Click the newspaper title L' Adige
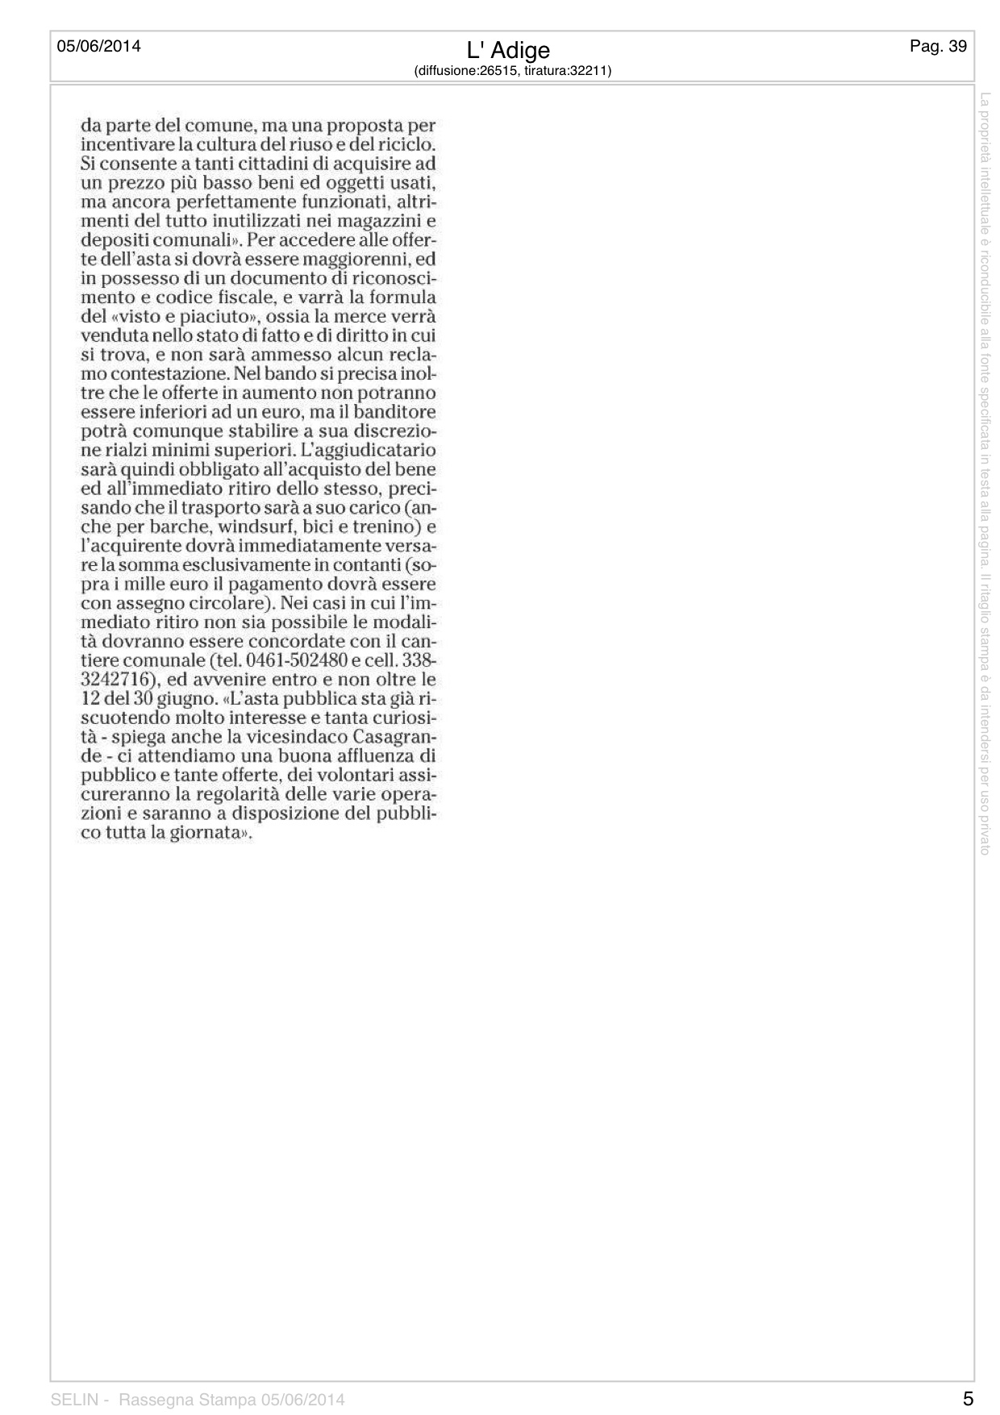[508, 50]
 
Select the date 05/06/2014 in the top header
[98, 46]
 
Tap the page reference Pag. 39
[938, 46]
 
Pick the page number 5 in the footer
[968, 1398]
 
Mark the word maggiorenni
[356, 259]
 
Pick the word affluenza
[355, 756]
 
